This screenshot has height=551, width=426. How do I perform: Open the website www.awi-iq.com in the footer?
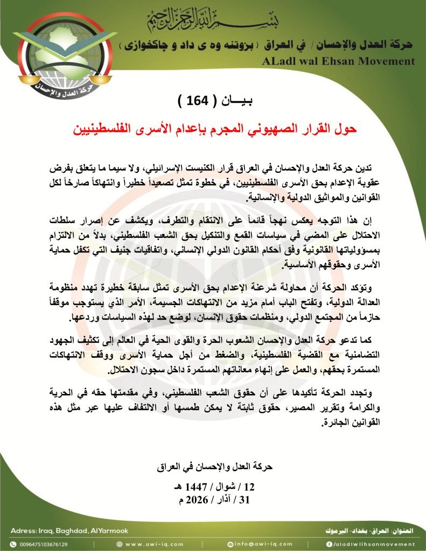click(x=155, y=543)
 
